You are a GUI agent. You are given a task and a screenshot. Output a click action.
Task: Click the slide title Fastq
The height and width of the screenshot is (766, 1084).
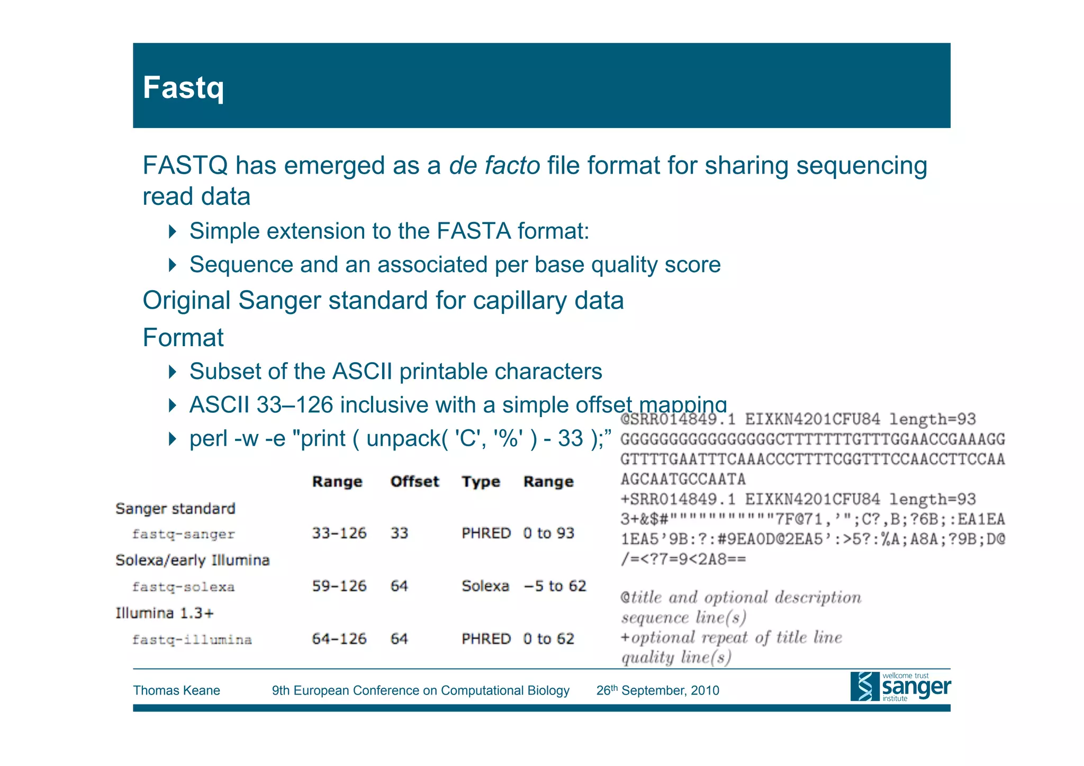183,88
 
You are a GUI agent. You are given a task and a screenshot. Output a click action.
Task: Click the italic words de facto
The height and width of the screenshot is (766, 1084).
494,166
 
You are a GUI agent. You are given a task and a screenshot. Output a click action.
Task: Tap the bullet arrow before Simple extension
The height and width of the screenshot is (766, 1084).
172,231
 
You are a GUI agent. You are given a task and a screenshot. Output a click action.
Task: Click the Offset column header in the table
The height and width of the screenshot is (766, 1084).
414,482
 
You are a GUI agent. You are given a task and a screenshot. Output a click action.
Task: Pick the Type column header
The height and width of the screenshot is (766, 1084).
481,482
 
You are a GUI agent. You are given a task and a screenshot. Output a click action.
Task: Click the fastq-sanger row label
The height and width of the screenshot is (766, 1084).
183,534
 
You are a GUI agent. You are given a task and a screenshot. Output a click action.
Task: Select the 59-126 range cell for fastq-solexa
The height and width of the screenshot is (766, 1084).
339,586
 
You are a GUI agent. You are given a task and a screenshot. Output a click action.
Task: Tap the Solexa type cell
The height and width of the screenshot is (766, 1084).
485,586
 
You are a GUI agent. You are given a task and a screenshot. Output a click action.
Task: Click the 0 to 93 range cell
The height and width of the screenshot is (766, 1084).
548,533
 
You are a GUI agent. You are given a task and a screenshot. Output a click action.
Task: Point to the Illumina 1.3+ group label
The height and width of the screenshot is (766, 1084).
165,613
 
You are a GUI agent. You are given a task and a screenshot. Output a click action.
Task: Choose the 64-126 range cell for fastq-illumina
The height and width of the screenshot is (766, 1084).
339,639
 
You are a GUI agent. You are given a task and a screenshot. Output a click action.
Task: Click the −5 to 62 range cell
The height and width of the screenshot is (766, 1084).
555,586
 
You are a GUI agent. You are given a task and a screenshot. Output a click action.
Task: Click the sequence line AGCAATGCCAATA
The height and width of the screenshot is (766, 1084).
683,479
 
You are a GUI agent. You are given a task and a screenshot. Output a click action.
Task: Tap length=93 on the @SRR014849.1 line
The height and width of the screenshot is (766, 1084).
932,419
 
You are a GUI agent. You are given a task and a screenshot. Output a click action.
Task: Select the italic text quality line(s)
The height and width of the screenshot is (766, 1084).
676,657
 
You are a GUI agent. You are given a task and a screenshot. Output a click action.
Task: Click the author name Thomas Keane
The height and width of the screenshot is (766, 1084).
176,690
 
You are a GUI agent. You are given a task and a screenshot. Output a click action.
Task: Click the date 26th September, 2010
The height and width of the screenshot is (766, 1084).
657,690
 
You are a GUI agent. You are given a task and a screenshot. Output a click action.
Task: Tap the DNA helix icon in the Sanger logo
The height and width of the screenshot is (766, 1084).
864,687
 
